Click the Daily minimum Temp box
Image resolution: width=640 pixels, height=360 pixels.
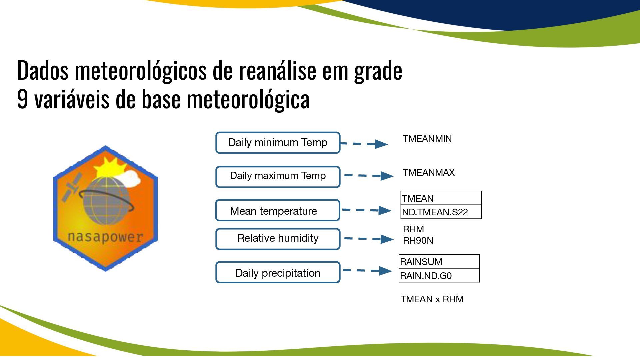278,143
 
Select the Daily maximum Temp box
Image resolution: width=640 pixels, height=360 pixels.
278,177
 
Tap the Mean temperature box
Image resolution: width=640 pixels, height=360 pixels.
278,210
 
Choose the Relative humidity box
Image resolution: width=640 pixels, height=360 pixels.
278,239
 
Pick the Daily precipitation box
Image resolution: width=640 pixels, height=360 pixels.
278,272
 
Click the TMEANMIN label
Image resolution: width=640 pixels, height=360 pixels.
427,139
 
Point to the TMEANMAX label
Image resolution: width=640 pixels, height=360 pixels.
429,173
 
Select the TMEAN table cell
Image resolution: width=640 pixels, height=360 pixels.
441,198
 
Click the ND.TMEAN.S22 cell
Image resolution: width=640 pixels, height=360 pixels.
441,212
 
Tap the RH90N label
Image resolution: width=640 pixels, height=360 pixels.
418,241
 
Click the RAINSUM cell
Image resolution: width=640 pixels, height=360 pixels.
439,262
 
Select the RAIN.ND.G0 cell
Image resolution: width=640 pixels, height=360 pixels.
439,275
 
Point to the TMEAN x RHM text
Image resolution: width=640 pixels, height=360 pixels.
432,299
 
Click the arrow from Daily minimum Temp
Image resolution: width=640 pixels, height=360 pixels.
364,144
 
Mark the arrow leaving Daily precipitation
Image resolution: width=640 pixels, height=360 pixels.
367,270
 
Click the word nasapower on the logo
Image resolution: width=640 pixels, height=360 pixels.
105,237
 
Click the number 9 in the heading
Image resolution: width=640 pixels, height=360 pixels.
22,99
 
